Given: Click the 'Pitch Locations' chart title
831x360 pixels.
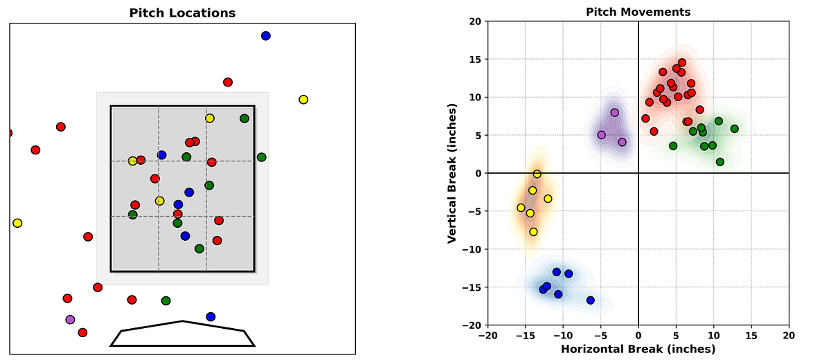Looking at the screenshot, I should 182,13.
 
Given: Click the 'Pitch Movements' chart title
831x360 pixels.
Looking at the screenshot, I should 638,12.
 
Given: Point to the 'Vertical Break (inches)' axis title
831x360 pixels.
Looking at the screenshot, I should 452,173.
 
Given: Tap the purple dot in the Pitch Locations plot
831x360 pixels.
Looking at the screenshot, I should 70,320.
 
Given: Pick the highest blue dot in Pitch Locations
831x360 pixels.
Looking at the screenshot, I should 265,36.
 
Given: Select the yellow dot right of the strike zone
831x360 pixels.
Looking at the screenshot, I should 303,100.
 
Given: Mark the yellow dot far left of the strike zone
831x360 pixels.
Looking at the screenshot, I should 17,223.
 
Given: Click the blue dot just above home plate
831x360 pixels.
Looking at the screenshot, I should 211,317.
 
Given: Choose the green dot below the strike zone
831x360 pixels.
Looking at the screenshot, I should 166,300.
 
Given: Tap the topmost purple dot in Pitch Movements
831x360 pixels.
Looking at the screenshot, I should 614,112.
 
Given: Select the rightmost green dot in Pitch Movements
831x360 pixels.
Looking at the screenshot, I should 734,129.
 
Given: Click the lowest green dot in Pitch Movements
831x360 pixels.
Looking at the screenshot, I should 720,162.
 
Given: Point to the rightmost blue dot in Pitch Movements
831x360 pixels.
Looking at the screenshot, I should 590,300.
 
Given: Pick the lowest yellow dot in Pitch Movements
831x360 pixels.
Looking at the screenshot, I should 533,232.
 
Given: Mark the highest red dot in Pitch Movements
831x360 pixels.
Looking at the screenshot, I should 682,62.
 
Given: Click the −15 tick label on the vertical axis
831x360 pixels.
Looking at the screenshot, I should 476,287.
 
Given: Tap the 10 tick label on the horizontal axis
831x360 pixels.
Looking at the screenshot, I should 713,336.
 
